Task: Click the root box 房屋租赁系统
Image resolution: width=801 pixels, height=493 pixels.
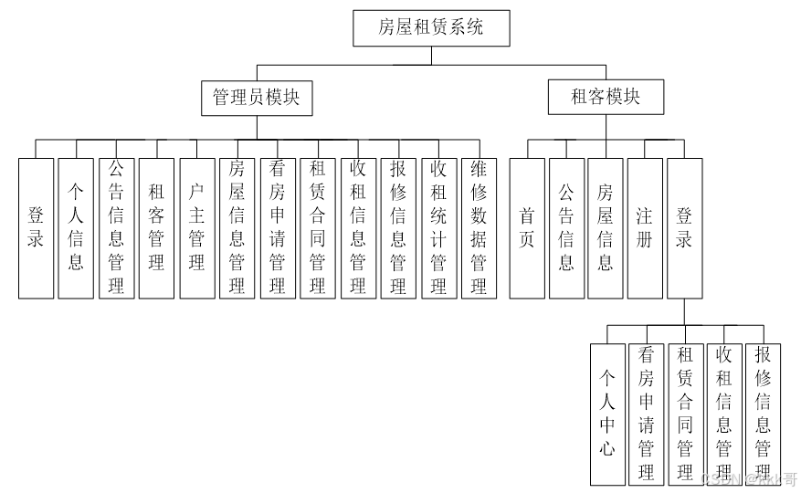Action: pyautogui.click(x=431, y=28)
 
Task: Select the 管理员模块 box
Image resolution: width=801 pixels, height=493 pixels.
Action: pyautogui.click(x=257, y=97)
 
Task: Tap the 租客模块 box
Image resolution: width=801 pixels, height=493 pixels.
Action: pyautogui.click(x=606, y=97)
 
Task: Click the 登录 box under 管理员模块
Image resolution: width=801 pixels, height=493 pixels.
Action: pyautogui.click(x=37, y=228)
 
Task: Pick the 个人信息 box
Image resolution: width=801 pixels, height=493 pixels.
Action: pyautogui.click(x=77, y=228)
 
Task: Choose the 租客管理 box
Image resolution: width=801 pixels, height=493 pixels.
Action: pyautogui.click(x=156, y=228)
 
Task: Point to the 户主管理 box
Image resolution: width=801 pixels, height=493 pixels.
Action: pyautogui.click(x=196, y=228)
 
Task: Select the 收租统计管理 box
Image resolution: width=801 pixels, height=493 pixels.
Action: pyautogui.click(x=438, y=228)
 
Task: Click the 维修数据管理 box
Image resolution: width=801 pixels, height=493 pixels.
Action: pyautogui.click(x=479, y=228)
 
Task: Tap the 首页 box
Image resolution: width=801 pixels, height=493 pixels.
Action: pyautogui.click(x=527, y=228)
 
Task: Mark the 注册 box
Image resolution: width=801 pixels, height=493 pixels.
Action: pyautogui.click(x=645, y=228)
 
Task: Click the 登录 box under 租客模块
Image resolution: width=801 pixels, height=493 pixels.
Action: pyautogui.click(x=685, y=228)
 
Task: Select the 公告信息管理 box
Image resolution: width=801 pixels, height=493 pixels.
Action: pyautogui.click(x=116, y=228)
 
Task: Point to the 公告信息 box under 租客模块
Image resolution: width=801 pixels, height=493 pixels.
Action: pyautogui.click(x=566, y=228)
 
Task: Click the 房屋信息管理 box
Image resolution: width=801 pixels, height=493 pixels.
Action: pyautogui.click(x=237, y=228)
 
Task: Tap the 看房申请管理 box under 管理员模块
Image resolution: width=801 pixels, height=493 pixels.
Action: pyautogui.click(x=278, y=228)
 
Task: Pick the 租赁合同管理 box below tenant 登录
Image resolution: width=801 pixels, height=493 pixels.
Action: pyautogui.click(x=685, y=414)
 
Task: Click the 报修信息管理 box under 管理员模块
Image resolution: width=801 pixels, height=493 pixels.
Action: pyautogui.click(x=398, y=228)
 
